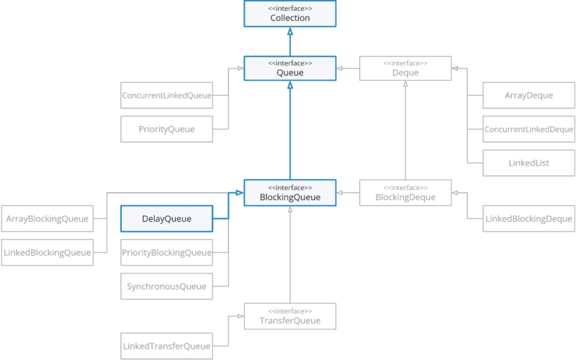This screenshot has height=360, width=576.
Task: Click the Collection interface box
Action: coord(289,14)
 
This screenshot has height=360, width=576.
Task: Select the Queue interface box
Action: coord(289,68)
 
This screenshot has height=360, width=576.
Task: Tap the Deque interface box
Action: coord(405,68)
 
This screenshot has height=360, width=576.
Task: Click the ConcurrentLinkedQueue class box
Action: coord(167,95)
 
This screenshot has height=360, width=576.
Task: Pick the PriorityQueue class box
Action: coord(167,129)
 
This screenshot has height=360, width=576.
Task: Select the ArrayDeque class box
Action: coord(529,95)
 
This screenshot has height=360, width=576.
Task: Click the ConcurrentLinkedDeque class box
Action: coord(529,130)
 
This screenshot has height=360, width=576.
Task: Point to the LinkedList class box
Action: coord(529,163)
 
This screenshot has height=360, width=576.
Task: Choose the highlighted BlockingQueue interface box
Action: coord(289,192)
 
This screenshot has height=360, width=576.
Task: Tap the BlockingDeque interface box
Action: coord(405,192)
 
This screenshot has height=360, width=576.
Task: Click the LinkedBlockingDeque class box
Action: coord(529,218)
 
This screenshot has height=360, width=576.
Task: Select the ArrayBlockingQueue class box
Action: coord(48,218)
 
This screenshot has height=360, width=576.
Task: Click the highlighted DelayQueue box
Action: coord(167,218)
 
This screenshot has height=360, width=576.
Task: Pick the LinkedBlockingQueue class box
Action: coord(48,252)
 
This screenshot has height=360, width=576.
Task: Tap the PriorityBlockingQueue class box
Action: coord(167,252)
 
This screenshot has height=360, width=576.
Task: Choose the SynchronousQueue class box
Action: coord(167,287)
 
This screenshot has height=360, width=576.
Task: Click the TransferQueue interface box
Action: coord(289,316)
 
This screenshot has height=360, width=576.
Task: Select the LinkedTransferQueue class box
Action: coord(167,346)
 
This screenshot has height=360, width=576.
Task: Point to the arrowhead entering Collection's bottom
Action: coord(289,32)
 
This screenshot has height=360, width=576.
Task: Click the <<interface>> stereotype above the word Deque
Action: coord(405,63)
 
